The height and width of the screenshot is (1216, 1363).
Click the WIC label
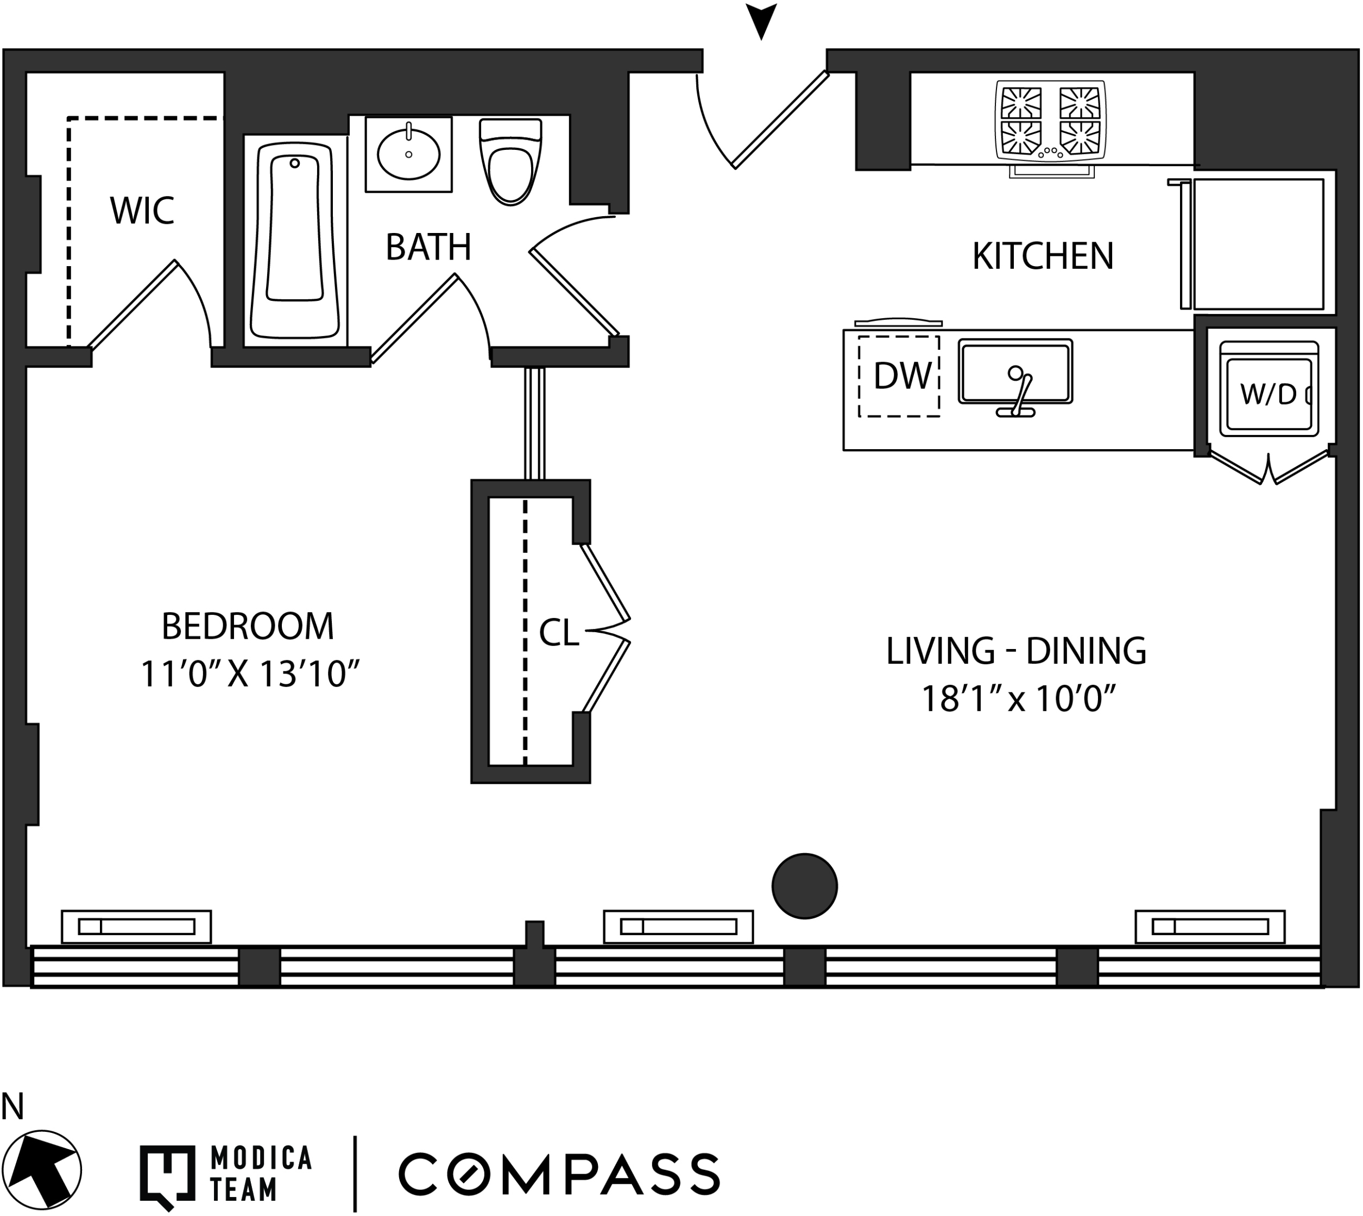[x=142, y=211]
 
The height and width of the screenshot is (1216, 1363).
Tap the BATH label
[x=428, y=247]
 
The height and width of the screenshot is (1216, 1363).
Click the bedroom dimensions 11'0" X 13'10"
[x=250, y=674]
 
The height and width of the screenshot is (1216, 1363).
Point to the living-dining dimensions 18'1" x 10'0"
[x=1018, y=699]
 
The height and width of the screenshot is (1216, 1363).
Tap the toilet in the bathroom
[x=510, y=162]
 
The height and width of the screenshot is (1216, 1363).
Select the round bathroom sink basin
[x=408, y=154]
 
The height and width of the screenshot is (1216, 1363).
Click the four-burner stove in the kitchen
[x=1050, y=121]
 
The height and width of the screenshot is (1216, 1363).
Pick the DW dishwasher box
[x=899, y=377]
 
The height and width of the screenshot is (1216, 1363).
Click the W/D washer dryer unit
[x=1268, y=390]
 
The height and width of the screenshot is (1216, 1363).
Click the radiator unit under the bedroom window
[x=136, y=927]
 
